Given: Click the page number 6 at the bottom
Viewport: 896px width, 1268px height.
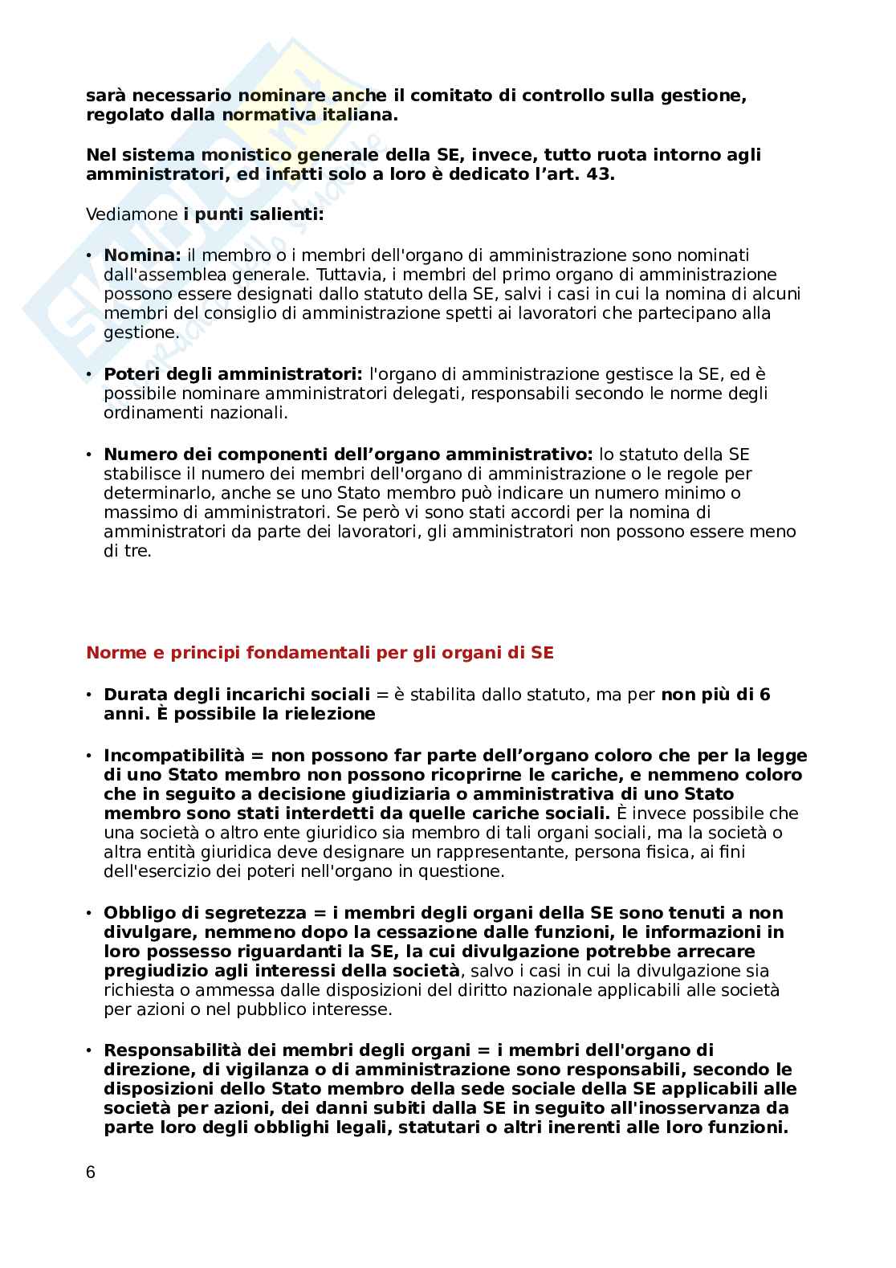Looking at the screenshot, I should (90, 1172).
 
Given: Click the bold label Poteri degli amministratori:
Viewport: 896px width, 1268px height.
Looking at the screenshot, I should (234, 374).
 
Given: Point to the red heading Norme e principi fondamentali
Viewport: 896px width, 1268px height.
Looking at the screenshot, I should (320, 653).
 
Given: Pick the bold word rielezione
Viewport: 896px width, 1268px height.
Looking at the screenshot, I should (328, 714).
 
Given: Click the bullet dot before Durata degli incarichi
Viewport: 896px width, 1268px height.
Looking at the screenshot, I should (89, 695).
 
